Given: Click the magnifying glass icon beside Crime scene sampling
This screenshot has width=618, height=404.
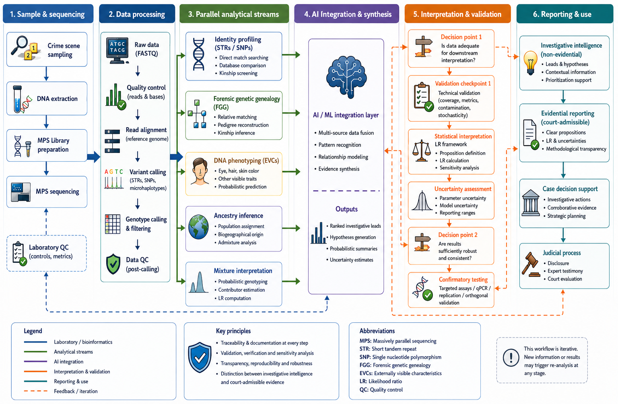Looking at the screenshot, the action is point(19,45).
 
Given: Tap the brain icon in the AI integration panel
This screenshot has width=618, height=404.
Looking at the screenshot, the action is point(346,77).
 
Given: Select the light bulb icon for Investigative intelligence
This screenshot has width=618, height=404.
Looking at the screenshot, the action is point(530,63).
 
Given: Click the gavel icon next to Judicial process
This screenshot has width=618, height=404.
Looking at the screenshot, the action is point(531,264).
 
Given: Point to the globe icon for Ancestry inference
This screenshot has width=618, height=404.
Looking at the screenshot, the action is point(198,227).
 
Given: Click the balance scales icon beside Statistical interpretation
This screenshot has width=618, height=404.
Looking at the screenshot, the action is point(421,150).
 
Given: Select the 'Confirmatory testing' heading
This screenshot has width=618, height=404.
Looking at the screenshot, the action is point(463,280).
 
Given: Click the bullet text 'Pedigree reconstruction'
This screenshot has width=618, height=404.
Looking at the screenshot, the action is point(243,125).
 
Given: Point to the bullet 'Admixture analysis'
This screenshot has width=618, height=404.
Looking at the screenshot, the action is point(237,243).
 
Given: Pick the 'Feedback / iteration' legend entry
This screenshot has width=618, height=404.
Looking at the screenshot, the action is point(76,391).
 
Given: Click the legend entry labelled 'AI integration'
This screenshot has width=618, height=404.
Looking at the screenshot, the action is point(68,362).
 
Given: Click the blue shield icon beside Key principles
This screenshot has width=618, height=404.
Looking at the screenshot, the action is point(200,357).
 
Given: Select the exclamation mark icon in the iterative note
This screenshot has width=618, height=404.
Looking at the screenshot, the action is point(511,357).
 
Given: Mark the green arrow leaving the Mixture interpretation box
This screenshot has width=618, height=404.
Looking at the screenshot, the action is point(291,281).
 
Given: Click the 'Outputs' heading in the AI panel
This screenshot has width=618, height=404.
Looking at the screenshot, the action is point(346,209).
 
